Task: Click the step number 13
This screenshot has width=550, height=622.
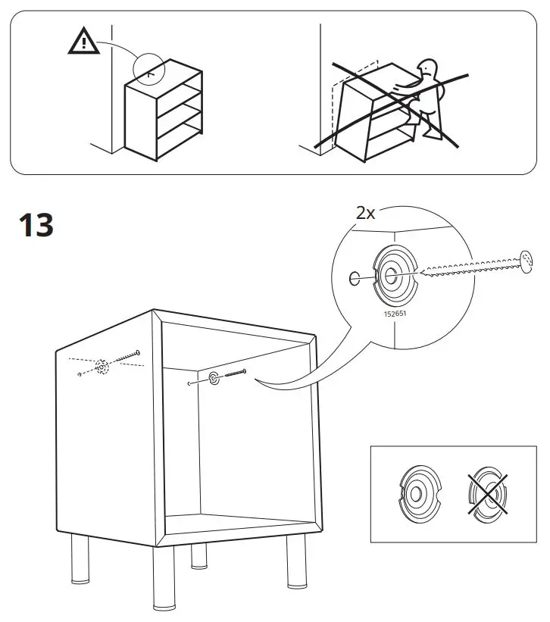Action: (x=35, y=226)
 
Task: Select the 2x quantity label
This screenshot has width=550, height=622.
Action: (x=365, y=213)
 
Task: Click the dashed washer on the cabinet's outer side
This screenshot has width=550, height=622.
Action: (x=102, y=367)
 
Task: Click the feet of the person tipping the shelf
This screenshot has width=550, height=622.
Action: (x=433, y=136)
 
